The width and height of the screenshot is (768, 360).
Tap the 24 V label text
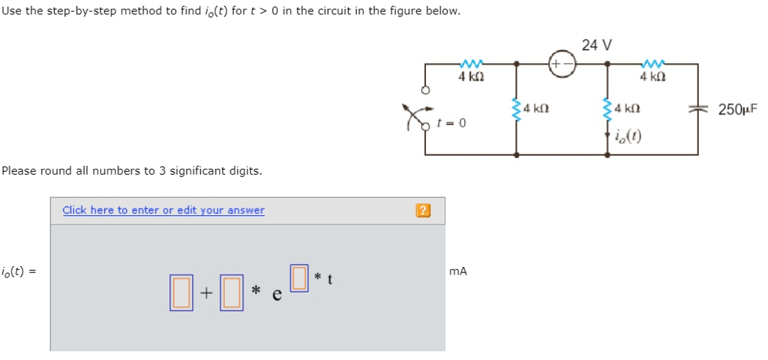[596, 45]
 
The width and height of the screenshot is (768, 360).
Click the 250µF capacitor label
[737, 109]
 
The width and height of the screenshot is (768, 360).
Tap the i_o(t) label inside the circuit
[627, 136]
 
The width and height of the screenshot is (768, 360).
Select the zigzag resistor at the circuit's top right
[653, 64]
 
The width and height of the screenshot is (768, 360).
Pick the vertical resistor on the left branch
[517, 110]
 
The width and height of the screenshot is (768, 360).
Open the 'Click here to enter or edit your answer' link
[163, 210]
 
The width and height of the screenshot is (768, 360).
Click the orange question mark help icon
[423, 211]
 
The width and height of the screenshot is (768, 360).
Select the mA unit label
[457, 271]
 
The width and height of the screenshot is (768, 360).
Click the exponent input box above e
[299, 277]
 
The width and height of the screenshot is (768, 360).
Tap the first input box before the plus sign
[181, 292]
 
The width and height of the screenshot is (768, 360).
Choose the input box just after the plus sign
[231, 292]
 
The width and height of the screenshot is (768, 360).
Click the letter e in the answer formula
[277, 295]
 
